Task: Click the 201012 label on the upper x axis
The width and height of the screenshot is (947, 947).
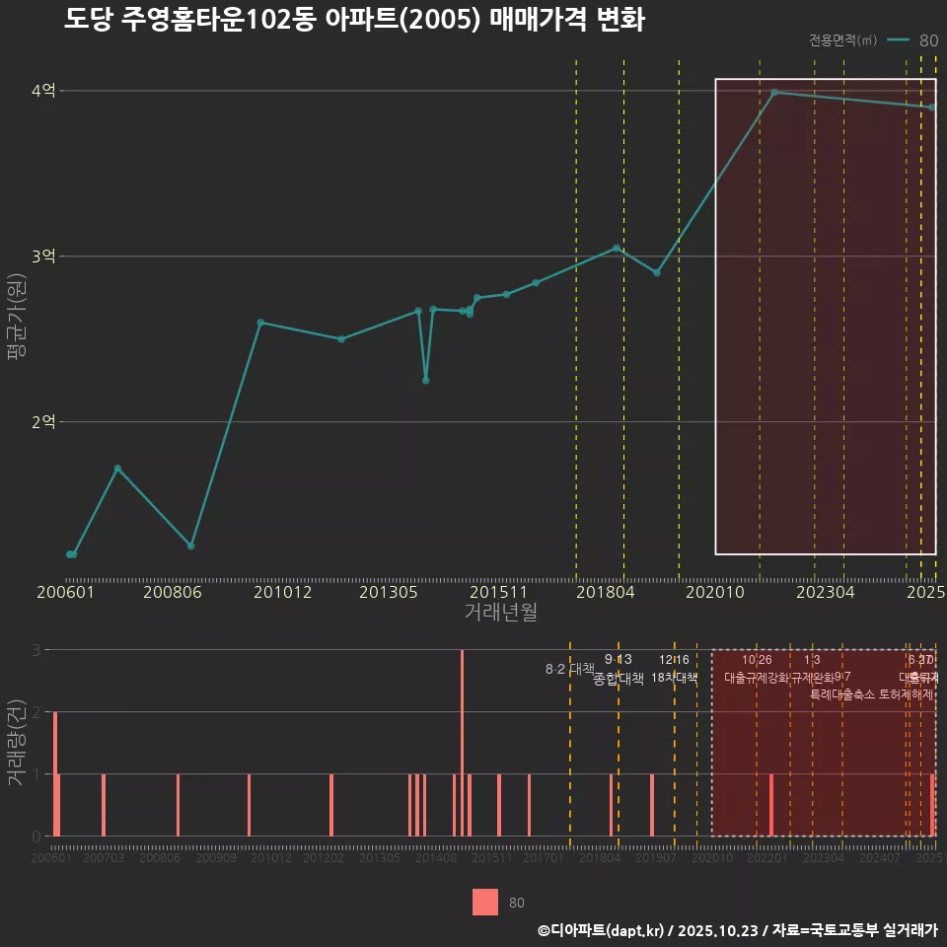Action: pyautogui.click(x=282, y=592)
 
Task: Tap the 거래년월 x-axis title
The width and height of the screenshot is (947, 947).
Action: pyautogui.click(x=500, y=613)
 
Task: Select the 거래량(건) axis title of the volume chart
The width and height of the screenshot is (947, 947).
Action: pyautogui.click(x=16, y=742)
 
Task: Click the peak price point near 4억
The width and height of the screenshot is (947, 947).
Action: pyautogui.click(x=774, y=93)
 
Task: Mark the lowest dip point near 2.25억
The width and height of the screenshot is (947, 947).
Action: pyautogui.click(x=425, y=380)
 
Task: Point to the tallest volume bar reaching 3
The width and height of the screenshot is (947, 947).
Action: pyautogui.click(x=462, y=742)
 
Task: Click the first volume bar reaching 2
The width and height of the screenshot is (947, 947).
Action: pyautogui.click(x=55, y=773)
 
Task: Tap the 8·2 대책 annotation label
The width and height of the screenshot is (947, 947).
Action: pyautogui.click(x=569, y=669)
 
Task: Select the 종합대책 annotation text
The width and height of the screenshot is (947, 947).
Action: pyautogui.click(x=619, y=679)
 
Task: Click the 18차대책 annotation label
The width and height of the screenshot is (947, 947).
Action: pyautogui.click(x=674, y=678)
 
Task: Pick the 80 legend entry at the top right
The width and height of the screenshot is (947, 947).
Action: pyautogui.click(x=928, y=40)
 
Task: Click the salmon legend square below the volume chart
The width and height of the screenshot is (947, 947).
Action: pyautogui.click(x=484, y=903)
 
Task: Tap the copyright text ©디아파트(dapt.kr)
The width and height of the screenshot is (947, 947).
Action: pyautogui.click(x=602, y=930)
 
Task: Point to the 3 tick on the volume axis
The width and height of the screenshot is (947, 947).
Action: pyautogui.click(x=36, y=650)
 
